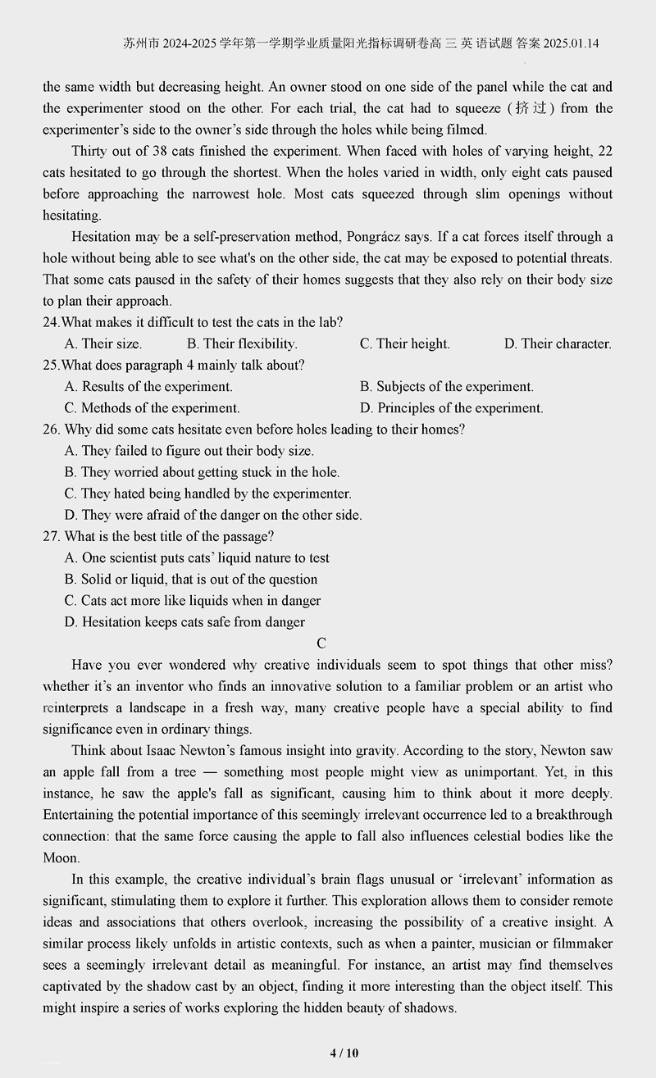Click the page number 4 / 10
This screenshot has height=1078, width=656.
click(344, 1053)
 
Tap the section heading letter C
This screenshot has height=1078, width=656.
click(321, 644)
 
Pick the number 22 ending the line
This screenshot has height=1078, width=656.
click(605, 151)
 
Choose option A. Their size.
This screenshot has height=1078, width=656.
click(102, 343)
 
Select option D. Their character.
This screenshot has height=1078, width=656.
click(558, 343)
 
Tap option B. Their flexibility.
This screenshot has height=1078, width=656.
click(242, 343)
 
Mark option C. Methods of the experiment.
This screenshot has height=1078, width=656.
click(152, 407)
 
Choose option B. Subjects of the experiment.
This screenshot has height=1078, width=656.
click(446, 386)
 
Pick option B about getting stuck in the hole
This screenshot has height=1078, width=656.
click(202, 471)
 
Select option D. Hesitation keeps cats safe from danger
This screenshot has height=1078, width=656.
click(184, 621)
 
